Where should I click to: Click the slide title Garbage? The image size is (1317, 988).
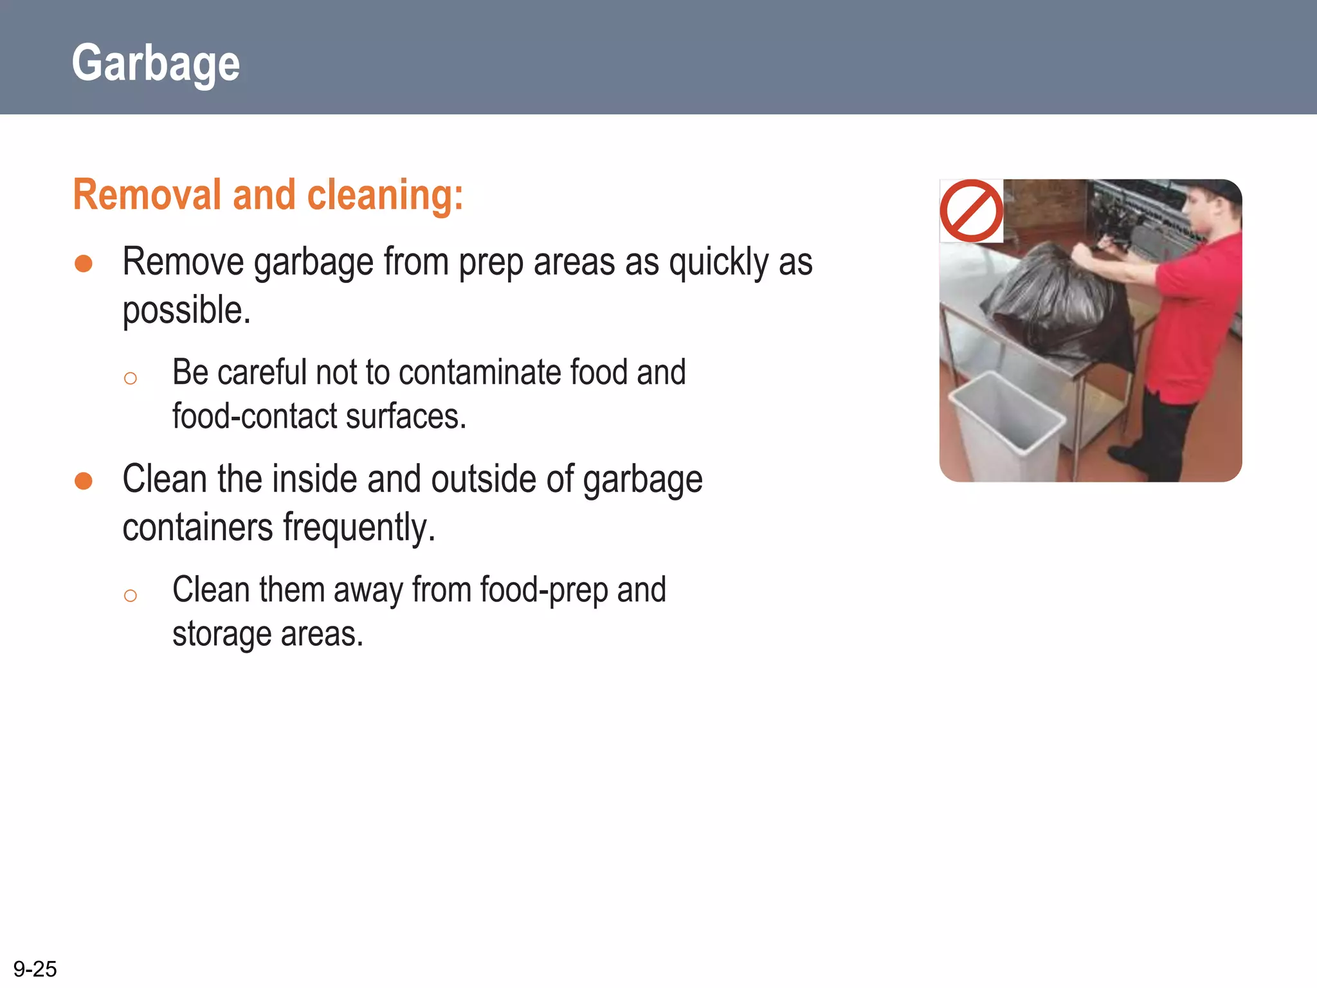point(156,63)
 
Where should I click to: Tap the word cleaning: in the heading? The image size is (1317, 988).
point(385,195)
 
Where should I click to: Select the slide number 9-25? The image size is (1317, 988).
point(35,969)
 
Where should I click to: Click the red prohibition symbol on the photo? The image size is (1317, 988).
point(971,211)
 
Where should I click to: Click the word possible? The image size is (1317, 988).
point(186,311)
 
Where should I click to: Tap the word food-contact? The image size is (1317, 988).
point(255,416)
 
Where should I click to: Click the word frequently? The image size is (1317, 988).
point(359,527)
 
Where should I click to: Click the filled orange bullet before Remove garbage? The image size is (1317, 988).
point(84,263)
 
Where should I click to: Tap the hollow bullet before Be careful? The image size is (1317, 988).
point(131,378)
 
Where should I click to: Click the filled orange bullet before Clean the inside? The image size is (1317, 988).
point(84,480)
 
